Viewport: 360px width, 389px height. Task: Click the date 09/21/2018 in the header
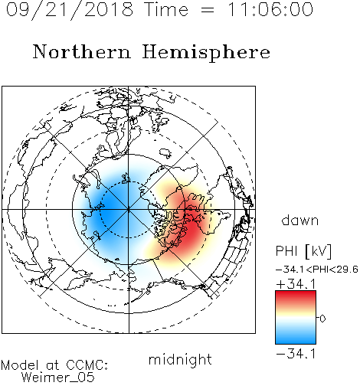(x=70, y=10)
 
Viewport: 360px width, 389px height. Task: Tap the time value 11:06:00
(x=270, y=9)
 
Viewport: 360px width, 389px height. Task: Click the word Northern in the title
(x=82, y=51)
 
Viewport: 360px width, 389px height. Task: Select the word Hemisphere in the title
(x=206, y=53)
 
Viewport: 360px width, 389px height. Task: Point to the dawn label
(x=299, y=221)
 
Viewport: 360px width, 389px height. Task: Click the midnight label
(x=180, y=360)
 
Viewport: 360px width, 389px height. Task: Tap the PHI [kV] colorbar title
(x=303, y=251)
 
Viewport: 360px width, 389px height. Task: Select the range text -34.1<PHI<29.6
(x=317, y=270)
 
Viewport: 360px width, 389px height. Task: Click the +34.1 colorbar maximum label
(x=296, y=284)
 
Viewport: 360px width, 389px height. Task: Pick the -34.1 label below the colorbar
(x=296, y=354)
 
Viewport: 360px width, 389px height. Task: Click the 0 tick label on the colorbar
(x=322, y=319)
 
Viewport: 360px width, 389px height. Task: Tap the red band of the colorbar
(x=296, y=297)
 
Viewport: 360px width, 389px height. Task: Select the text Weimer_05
(x=57, y=378)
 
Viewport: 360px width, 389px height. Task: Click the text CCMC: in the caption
(x=87, y=365)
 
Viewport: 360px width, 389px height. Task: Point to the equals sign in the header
(x=208, y=10)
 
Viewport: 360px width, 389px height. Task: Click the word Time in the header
(x=166, y=9)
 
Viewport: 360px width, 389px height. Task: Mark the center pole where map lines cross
(x=129, y=210)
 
